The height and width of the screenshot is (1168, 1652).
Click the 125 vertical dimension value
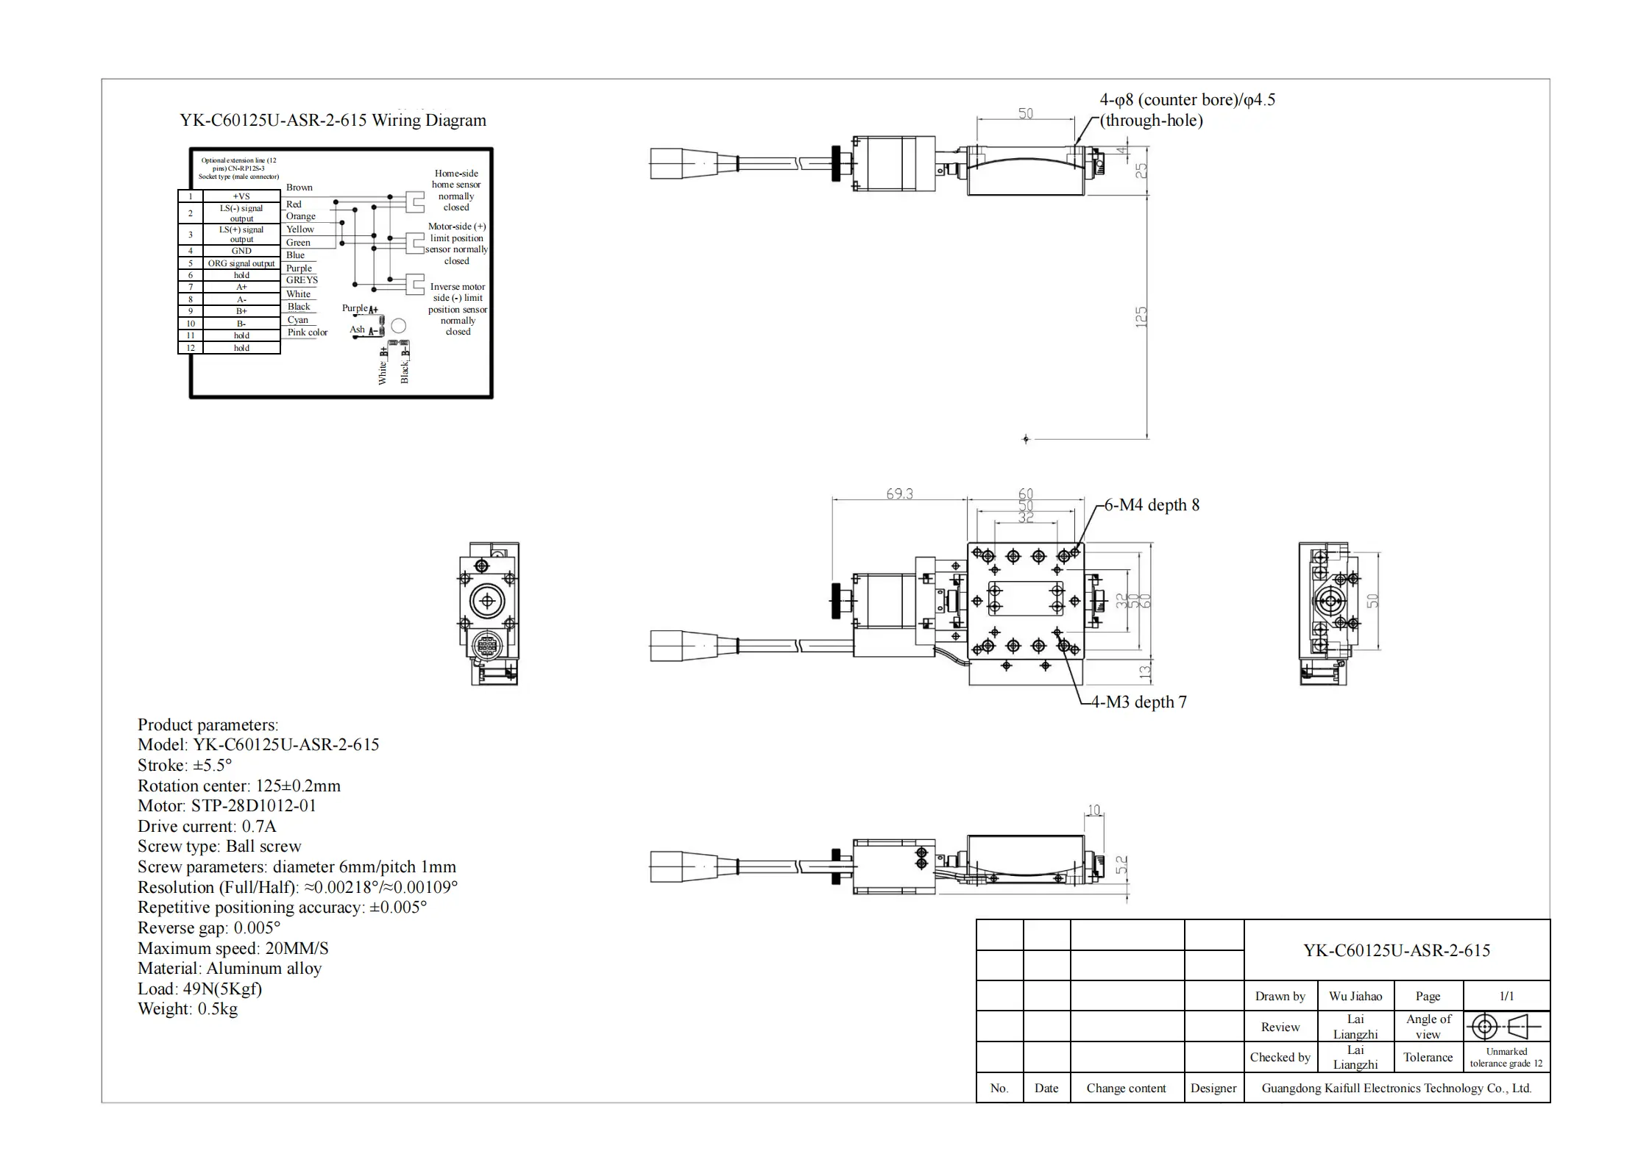[x=1141, y=317]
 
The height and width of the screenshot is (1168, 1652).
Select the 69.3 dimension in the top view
[x=899, y=494]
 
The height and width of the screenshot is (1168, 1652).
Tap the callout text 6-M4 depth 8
[x=1152, y=505]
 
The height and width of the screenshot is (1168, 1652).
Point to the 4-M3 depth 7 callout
[x=1138, y=702]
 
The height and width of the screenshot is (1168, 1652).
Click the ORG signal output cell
[x=241, y=263]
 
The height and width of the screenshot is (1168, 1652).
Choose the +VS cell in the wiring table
[x=241, y=196]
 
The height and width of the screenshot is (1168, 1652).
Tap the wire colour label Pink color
[x=308, y=332]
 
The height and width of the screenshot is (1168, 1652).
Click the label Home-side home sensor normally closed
[x=456, y=190]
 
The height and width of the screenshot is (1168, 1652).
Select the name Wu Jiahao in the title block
[x=1355, y=997]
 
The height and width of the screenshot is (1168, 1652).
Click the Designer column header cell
[x=1213, y=1089]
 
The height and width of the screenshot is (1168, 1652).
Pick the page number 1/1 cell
[x=1506, y=997]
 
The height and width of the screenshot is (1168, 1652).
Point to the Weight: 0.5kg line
[x=188, y=1009]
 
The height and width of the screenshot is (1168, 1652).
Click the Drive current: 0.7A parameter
[x=207, y=826]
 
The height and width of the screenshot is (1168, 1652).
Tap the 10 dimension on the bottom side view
[x=1094, y=811]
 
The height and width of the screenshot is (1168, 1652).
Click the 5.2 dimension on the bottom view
[x=1122, y=864]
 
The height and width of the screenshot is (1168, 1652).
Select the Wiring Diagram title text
[x=333, y=121]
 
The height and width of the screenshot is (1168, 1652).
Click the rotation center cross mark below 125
[x=1026, y=439]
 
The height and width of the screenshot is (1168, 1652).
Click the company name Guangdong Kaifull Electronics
[x=1396, y=1089]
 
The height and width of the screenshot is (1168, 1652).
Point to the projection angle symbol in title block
[x=1506, y=1027]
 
